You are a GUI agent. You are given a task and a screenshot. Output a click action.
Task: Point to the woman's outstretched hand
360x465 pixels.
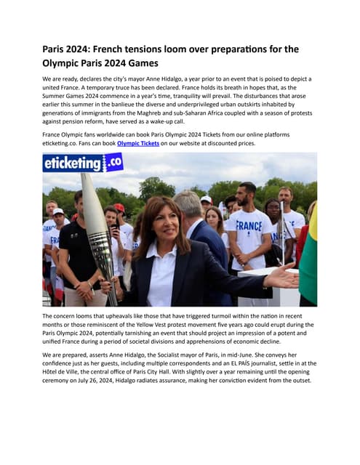pos(281,276)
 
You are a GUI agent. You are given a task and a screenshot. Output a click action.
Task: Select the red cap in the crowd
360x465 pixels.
pos(119,208)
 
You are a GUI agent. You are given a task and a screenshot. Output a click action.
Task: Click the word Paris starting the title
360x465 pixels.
pos(55,49)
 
